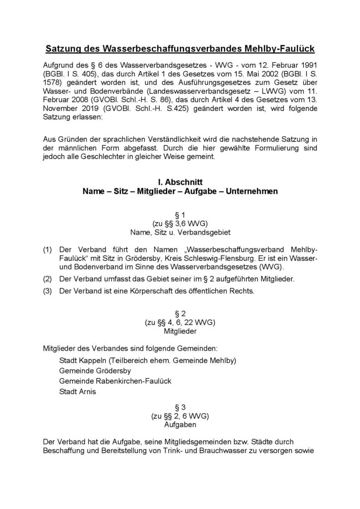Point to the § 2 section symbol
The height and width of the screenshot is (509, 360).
(180, 314)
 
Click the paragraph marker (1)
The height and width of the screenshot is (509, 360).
(48, 248)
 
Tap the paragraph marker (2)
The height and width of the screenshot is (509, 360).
(48, 279)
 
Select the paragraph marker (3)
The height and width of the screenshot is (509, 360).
(48, 291)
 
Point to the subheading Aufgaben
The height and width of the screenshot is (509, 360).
(180, 425)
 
